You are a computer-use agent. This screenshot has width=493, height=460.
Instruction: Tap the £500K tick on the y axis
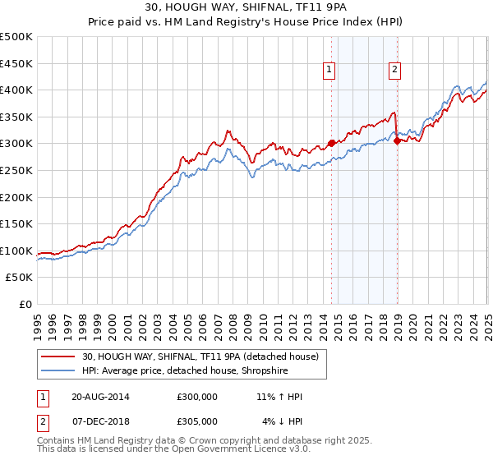16,37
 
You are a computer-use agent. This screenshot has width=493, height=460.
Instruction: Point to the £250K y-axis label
16,170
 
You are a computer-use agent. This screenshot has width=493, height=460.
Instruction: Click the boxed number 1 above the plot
329,71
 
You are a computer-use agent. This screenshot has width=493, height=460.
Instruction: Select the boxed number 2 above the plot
395,71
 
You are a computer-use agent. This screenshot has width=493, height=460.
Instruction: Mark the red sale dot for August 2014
332,143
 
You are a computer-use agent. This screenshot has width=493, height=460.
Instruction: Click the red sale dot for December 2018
397,140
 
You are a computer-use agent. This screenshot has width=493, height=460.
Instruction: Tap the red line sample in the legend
59,356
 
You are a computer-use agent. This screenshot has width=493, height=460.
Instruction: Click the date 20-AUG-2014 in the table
100,398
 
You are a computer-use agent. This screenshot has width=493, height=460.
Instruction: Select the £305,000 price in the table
197,421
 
